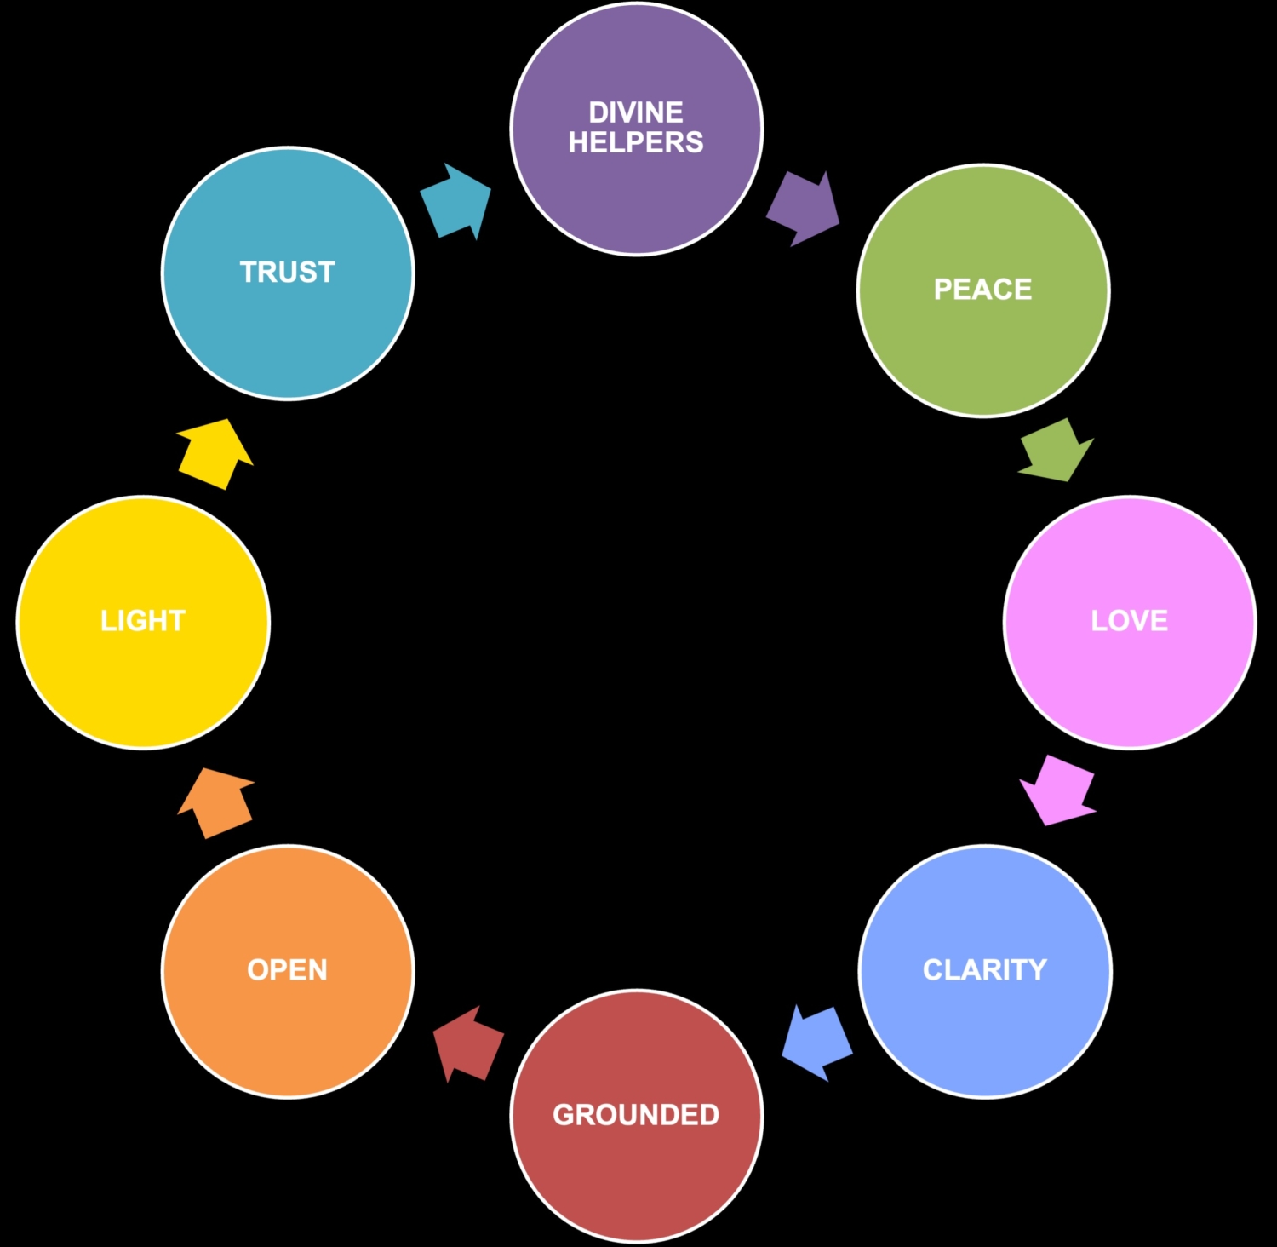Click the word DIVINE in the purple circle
pos(636,112)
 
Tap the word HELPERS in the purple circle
pos(636,142)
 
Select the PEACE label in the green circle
pos(982,290)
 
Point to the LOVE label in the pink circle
pos(1129,621)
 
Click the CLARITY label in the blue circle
pos(984,970)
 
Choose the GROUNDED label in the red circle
pos(636,1115)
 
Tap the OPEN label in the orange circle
pos(287,970)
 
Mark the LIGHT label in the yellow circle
pos(142,621)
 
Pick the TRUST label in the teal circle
pos(287,273)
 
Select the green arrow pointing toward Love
pos(1057,451)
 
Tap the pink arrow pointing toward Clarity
pos(1058,790)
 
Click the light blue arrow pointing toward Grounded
pos(816,1042)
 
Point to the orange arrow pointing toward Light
pos(216,802)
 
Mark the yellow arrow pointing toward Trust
pos(215,454)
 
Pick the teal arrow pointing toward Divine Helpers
pos(457,201)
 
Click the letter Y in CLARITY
pos(1036,970)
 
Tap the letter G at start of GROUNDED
pos(564,1115)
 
